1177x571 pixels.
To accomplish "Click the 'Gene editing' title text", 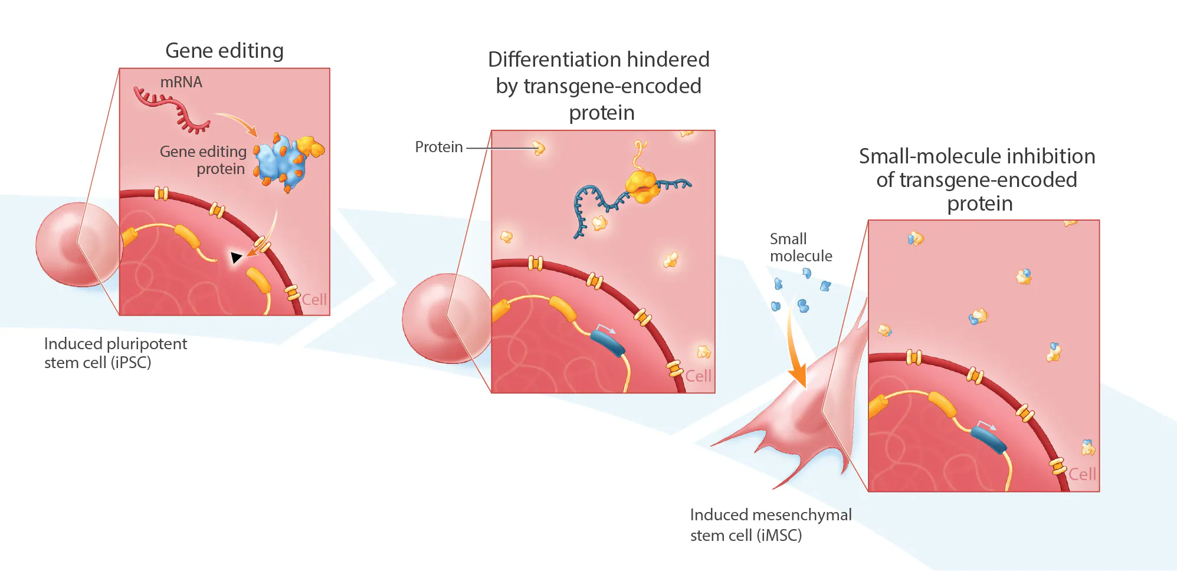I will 224,51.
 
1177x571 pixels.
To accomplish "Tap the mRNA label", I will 181,82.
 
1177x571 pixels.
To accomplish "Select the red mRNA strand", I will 171,109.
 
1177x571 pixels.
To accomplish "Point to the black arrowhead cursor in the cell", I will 235,257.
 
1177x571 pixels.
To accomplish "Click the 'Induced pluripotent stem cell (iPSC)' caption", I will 115,353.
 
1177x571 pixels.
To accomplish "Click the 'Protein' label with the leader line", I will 438,147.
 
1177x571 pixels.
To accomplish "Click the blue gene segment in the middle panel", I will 608,343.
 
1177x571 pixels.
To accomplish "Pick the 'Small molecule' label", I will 800,247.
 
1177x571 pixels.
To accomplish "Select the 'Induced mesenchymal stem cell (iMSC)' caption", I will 770,525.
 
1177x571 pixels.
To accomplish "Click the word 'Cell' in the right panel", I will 1082,474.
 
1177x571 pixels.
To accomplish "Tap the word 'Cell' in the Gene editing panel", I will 314,300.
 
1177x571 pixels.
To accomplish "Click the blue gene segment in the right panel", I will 988,440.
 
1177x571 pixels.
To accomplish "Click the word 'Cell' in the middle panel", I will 698,376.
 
